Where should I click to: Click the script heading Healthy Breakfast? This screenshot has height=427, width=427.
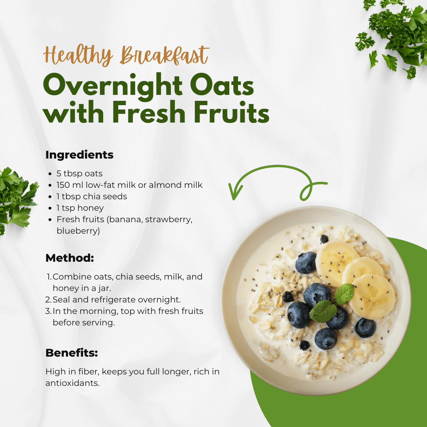point(126,55)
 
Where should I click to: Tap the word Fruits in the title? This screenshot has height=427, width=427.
point(231,112)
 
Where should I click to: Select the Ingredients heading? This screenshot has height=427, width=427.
point(79,155)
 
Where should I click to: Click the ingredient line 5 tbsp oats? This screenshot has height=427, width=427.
point(79,174)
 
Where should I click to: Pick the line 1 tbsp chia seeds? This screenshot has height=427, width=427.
point(91,196)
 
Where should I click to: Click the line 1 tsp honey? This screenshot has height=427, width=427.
point(80,208)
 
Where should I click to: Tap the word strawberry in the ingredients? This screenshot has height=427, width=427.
point(168,219)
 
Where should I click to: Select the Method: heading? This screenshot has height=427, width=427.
point(70,258)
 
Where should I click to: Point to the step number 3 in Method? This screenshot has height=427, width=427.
point(48,311)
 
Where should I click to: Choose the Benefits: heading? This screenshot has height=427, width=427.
point(72,353)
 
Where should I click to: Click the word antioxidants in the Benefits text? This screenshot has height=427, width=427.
point(72,383)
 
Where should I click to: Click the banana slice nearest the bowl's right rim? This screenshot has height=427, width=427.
point(372,297)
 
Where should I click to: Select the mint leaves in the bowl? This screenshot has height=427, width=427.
point(332,302)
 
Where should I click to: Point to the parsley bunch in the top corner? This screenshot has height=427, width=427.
point(393,36)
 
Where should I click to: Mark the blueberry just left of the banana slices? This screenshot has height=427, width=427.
point(306,263)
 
